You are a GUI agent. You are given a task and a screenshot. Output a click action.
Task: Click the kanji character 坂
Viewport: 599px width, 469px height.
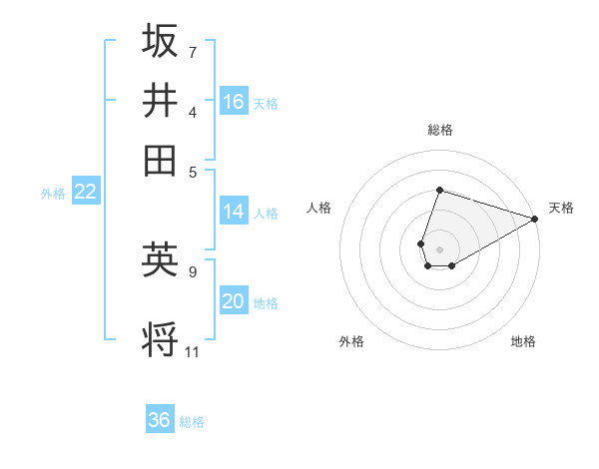pos(161,41)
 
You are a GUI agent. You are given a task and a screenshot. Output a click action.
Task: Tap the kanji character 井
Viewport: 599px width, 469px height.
pos(161,100)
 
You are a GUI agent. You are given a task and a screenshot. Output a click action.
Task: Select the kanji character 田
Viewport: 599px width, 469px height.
pos(161,160)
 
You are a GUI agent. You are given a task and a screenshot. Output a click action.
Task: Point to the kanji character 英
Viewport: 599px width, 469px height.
pos(161,259)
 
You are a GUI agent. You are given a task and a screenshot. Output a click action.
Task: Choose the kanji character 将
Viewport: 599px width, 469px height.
pos(161,340)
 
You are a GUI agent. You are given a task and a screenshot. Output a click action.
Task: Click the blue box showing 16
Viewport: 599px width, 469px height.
pos(234,102)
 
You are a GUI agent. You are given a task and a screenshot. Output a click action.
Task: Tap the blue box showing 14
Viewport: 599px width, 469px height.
pos(234,212)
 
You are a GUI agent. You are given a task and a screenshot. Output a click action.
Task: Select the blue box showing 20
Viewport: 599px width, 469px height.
pos(234,301)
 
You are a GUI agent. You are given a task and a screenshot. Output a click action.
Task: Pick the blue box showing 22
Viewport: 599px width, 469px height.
pos(85,193)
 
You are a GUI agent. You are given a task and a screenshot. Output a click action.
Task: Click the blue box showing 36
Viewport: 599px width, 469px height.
pos(160,420)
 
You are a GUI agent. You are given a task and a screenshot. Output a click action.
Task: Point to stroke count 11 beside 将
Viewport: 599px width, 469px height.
pos(193,351)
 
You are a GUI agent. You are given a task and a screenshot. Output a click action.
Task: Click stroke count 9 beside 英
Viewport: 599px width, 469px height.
pos(193,270)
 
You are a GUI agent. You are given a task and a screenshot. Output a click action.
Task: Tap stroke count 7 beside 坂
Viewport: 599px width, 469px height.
pos(193,51)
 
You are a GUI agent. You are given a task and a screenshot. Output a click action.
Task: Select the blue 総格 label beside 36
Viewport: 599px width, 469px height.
pos(192,422)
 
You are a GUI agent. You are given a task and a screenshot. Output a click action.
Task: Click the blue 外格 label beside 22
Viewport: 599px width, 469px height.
pos(52,194)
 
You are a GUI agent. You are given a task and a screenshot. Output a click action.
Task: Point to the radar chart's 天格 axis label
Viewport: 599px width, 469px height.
pos(562,208)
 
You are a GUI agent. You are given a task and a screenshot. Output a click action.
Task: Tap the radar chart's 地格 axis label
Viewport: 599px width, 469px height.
pos(523,341)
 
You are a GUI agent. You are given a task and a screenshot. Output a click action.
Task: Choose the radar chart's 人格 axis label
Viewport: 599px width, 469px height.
pos(319,208)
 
